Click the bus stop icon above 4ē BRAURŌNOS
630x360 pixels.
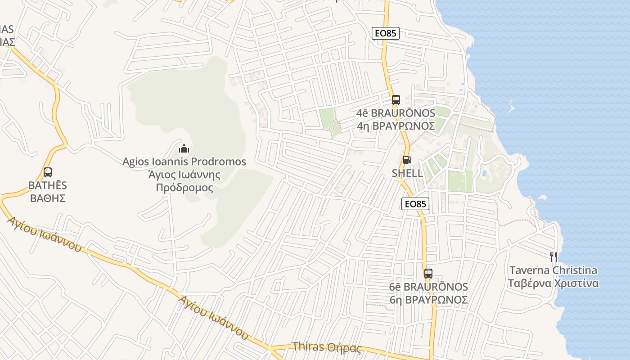click(396, 100)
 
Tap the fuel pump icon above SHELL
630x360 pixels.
click(406, 159)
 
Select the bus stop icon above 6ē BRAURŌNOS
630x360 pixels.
click(428, 273)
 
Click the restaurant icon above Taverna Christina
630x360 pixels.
click(553, 257)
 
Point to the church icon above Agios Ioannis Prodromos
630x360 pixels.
click(184, 148)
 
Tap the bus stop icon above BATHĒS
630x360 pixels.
click(47, 172)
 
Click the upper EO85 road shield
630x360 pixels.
click(386, 33)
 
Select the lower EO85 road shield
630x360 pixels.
click(415, 204)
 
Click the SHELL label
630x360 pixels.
click(407, 173)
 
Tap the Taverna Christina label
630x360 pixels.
click(553, 270)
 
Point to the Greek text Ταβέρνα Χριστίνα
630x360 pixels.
click(553, 283)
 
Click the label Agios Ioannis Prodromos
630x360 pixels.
click(184, 162)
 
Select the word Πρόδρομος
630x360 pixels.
click(184, 188)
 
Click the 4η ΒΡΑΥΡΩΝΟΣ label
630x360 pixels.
click(396, 126)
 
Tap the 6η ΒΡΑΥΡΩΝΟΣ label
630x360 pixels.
click(428, 300)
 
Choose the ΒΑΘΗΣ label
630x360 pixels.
click(48, 198)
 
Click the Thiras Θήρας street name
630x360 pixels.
click(327, 347)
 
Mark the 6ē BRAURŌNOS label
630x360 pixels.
click(428, 287)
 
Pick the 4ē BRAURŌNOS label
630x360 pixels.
click(396, 113)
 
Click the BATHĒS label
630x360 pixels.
click(48, 185)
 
